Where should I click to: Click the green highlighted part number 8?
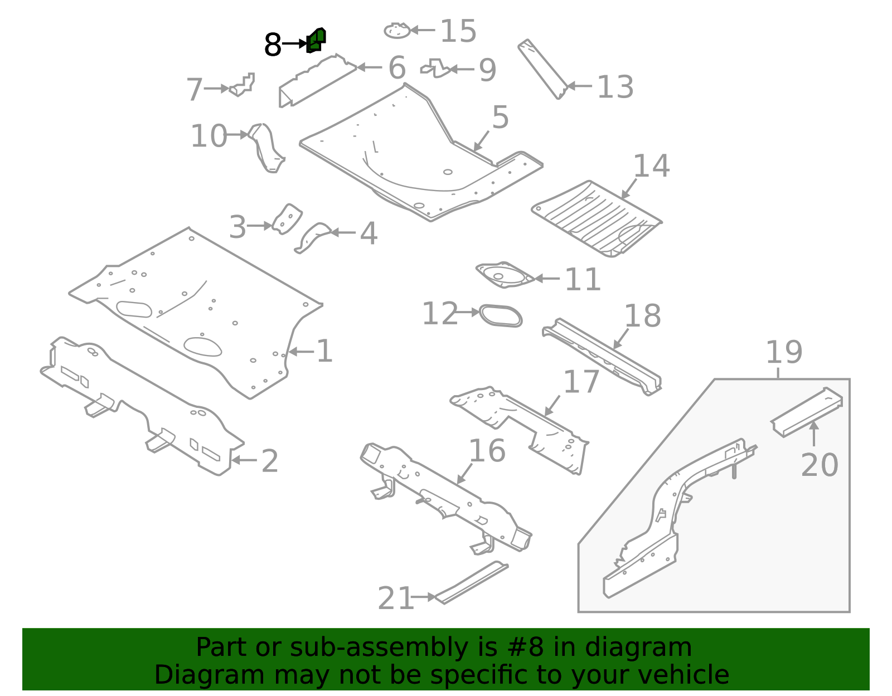[316, 41]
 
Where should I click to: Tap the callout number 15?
[458, 31]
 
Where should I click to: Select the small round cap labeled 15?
[397, 31]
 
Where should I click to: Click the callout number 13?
[615, 87]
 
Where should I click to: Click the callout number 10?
[209, 137]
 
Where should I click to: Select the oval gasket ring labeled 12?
[501, 315]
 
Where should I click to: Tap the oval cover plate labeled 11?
[505, 275]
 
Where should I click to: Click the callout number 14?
[651, 166]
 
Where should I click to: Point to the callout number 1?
[324, 352]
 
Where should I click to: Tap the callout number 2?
[270, 461]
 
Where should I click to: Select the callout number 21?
[395, 598]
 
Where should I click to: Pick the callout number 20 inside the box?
[819, 465]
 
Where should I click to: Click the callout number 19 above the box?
[784, 352]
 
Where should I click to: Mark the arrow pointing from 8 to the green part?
[294, 43]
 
